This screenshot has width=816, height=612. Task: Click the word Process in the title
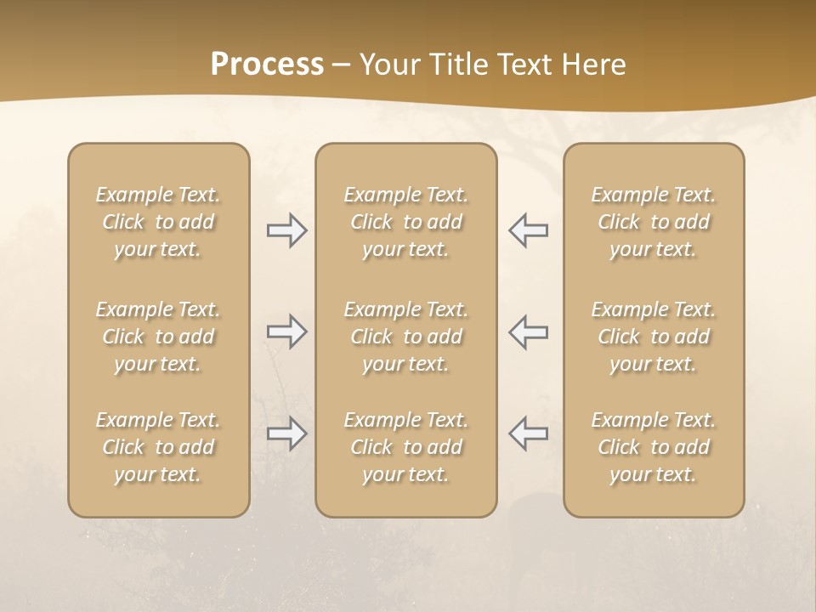267,65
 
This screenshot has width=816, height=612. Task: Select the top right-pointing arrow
286,231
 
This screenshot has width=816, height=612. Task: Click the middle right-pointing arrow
286,331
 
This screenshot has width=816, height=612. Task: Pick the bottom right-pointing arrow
286,433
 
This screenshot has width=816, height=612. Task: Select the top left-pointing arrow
528,231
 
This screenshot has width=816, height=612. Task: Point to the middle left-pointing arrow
528,331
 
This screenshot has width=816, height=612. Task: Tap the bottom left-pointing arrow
528,433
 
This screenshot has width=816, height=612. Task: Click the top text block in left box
158,222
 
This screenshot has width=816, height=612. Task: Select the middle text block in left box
158,337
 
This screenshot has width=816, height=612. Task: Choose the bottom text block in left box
158,447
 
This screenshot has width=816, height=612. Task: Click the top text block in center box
406,222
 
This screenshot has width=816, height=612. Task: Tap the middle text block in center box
406,337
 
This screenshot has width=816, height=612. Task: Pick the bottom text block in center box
406,447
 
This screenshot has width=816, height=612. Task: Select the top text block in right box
654,222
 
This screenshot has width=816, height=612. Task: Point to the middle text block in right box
654,337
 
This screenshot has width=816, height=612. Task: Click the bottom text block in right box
654,447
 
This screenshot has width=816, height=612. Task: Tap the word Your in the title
388,65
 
